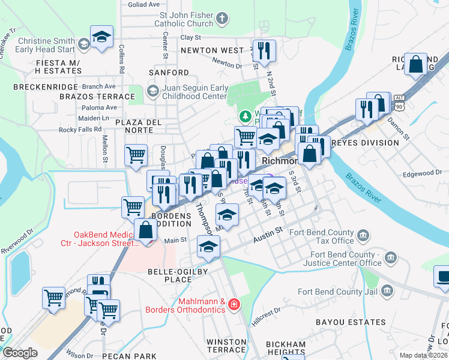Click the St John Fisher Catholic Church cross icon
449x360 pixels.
click(221, 19)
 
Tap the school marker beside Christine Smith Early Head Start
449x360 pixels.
click(101, 37)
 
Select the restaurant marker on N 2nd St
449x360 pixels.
click(264, 51)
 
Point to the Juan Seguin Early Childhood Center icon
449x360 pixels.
click(152, 91)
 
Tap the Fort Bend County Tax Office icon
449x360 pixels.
click(363, 236)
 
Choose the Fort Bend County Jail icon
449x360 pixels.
click(388, 292)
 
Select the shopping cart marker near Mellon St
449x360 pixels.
click(136, 155)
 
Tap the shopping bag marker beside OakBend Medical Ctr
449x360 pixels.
click(146, 229)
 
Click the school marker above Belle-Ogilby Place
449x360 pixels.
click(209, 247)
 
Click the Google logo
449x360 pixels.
click(20, 353)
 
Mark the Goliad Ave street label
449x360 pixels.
click(144, 4)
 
